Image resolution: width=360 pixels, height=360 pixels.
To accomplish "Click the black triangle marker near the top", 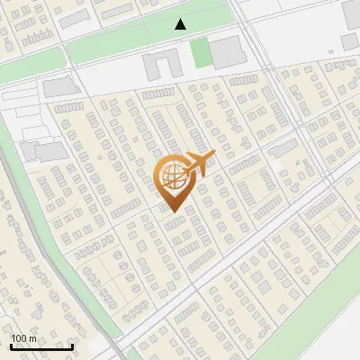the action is [x=181, y=24].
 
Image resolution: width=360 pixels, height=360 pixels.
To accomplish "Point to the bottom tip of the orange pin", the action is [x=172, y=212].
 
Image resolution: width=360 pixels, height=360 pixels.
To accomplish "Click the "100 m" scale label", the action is [x=23, y=338].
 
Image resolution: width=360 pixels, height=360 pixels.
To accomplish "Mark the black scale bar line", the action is [x=41, y=346].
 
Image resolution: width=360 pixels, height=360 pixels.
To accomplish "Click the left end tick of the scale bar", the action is [x=11, y=346].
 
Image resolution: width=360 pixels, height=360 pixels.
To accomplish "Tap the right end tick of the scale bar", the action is [x=72, y=346].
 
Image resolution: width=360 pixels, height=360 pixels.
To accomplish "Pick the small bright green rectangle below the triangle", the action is [x=200, y=53].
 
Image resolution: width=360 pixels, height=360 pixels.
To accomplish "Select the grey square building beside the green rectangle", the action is [x=227, y=53].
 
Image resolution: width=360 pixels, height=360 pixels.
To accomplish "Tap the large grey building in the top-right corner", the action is [x=351, y=13].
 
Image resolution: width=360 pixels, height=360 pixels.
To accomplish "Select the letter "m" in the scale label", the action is [x=32, y=338].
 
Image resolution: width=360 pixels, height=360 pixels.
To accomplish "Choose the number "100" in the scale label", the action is [x=19, y=338].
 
